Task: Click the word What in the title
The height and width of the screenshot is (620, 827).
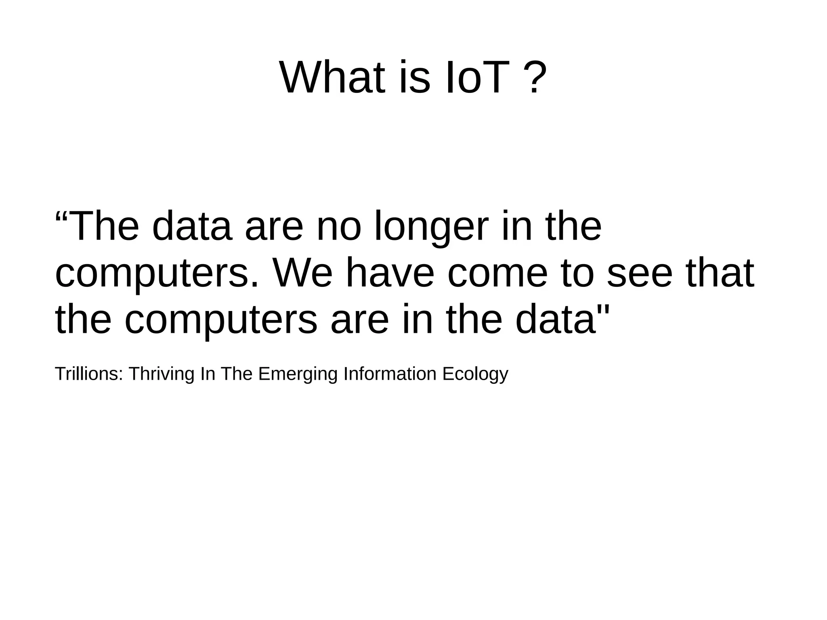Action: pyautogui.click(x=332, y=77)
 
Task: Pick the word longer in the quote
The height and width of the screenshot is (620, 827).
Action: pyautogui.click(x=432, y=227)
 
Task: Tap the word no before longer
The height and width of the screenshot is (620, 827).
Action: pyautogui.click(x=338, y=227)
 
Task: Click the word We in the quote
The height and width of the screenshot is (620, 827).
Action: pyautogui.click(x=302, y=273)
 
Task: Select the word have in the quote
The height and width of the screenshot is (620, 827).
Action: pyautogui.click(x=390, y=273)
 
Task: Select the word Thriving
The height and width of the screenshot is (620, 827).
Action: pyautogui.click(x=161, y=374)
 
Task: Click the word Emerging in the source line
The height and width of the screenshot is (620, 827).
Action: pyautogui.click(x=298, y=374)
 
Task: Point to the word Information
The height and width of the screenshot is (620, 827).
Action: pyautogui.click(x=390, y=374)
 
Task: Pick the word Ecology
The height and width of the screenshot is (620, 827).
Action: pyautogui.click(x=475, y=374)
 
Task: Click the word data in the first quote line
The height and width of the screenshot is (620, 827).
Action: pyautogui.click(x=192, y=227)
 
